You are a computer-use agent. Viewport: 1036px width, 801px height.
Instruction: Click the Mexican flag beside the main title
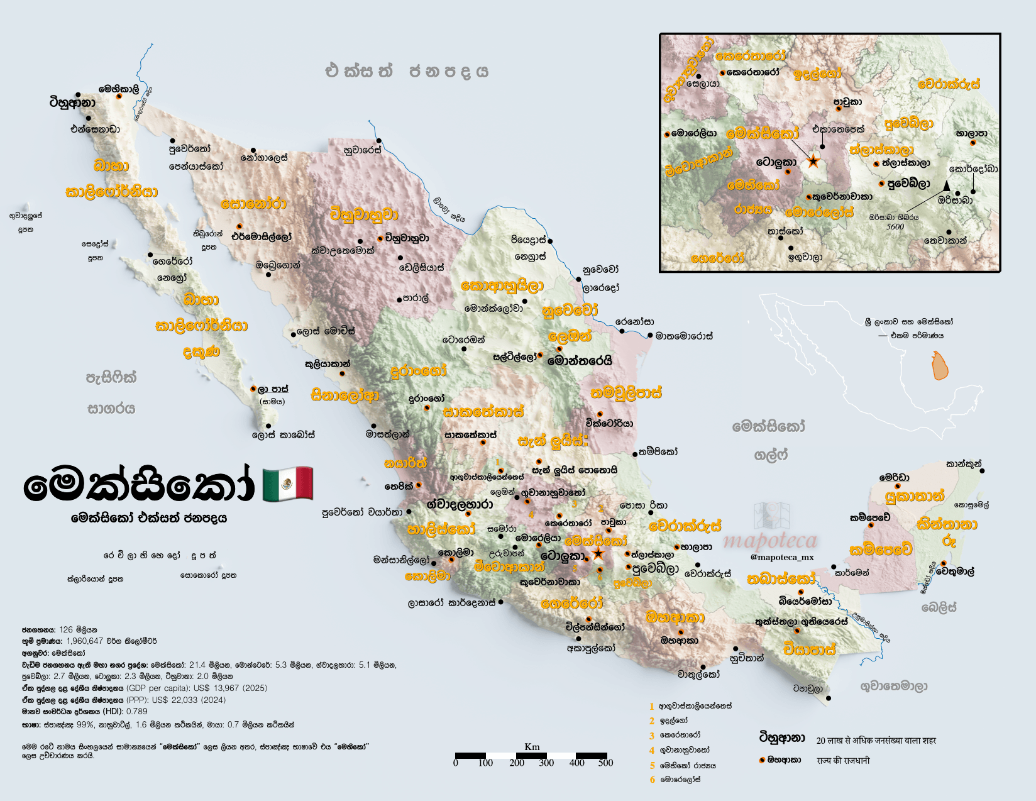pyautogui.click(x=287, y=485)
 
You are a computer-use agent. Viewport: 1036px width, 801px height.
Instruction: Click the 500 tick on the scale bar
pyautogui.click(x=605, y=763)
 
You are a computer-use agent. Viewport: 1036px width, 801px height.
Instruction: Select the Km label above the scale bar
pyautogui.click(x=531, y=747)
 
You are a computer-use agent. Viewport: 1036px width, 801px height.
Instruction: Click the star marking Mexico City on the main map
pyautogui.click(x=598, y=554)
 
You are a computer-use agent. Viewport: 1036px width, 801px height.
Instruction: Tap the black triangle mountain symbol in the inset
pyautogui.click(x=946, y=185)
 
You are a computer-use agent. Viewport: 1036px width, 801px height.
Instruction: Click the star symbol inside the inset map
pyautogui.click(x=813, y=162)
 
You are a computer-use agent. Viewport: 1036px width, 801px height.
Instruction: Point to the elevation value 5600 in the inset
pyautogui.click(x=895, y=227)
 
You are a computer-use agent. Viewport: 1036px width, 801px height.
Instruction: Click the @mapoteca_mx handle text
pyautogui.click(x=782, y=557)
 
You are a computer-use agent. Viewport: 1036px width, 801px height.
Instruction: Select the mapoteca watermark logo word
pyautogui.click(x=770, y=541)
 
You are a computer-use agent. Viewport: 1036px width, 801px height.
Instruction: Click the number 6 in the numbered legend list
pyautogui.click(x=653, y=780)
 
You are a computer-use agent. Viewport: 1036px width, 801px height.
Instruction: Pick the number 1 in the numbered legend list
pyautogui.click(x=652, y=707)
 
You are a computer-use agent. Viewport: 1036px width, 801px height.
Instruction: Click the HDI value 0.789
pyautogui.click(x=136, y=712)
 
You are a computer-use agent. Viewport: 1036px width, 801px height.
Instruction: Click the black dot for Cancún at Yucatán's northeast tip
pyautogui.click(x=981, y=470)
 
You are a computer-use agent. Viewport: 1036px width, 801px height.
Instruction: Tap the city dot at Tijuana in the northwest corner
pyautogui.click(x=89, y=118)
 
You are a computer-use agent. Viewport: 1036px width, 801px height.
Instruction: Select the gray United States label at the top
pyautogui.click(x=407, y=71)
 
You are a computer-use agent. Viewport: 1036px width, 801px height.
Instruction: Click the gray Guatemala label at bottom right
pyautogui.click(x=893, y=686)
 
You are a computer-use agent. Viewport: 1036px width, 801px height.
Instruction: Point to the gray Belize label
pyautogui.click(x=939, y=607)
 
